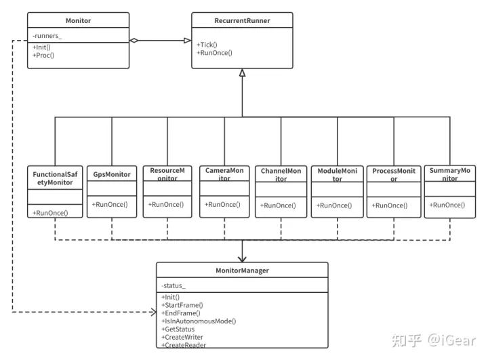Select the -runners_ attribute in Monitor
click(47, 36)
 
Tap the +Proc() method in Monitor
click(43, 55)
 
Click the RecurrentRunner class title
click(242, 21)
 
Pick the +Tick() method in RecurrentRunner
click(207, 45)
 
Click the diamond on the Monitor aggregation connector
click(135, 41)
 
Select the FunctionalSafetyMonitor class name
click(55, 178)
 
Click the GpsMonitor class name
click(112, 175)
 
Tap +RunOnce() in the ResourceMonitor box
click(166, 204)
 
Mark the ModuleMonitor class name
click(337, 175)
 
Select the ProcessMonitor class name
click(394, 175)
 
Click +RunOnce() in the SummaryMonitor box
click(448, 205)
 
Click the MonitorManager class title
click(242, 271)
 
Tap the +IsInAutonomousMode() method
click(199, 321)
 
